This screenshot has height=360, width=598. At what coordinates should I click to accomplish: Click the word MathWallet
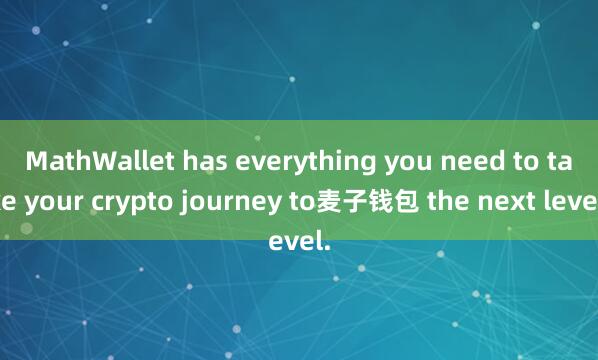click(x=89, y=160)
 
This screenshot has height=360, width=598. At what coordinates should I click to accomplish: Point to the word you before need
click(x=366, y=160)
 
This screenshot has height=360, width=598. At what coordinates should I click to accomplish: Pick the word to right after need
click(x=486, y=160)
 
